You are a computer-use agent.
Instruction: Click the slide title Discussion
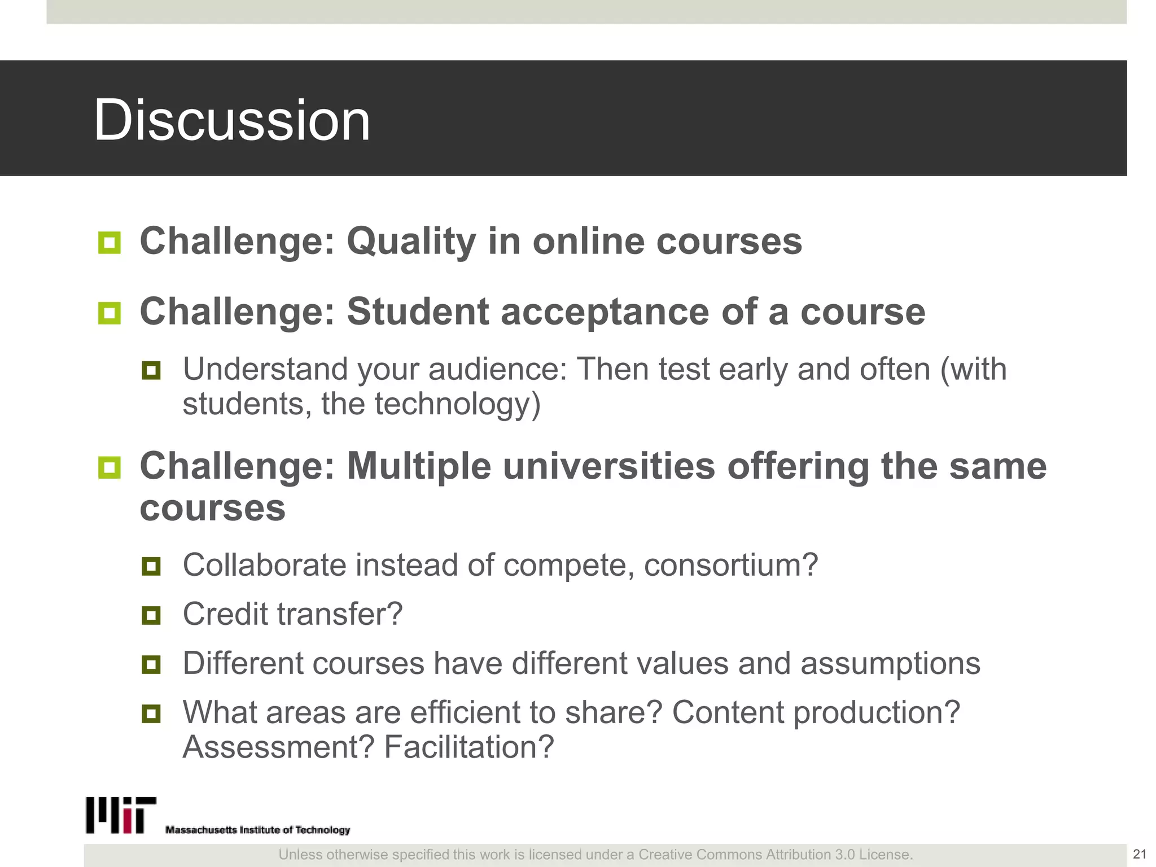(231, 120)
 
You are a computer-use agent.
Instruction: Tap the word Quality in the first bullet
(411, 242)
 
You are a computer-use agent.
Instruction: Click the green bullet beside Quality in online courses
(109, 243)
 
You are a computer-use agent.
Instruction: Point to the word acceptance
(605, 313)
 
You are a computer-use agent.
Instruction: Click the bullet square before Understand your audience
(151, 371)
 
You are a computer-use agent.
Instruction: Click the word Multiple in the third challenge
(419, 467)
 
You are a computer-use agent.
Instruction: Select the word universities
(609, 467)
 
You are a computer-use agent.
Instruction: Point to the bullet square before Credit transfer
(151, 615)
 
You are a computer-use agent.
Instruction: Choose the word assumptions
(890, 663)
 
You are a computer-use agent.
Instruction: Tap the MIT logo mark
(121, 815)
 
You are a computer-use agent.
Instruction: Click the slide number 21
(1139, 854)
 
